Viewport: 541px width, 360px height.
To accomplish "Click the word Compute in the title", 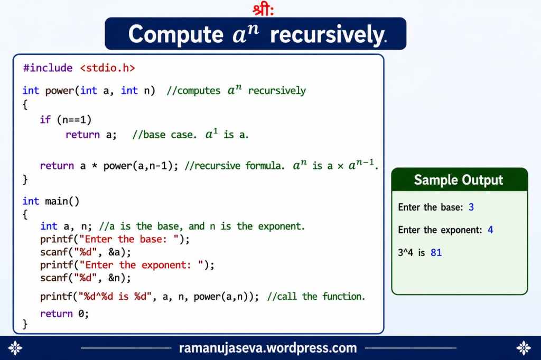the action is pyautogui.click(x=176, y=35).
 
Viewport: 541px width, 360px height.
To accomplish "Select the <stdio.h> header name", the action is pyautogui.click(x=107, y=68).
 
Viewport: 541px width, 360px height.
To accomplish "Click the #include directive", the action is pyautogui.click(x=48, y=68).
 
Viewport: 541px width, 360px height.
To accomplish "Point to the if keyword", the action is pyautogui.click(x=45, y=120).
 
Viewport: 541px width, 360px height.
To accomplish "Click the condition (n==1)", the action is pyautogui.click(x=74, y=120).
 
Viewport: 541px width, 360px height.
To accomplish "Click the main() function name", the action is pyautogui.click(x=62, y=201).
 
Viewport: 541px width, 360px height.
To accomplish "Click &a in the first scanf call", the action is pyautogui.click(x=115, y=252).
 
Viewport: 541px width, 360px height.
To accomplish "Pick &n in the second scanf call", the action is pyautogui.click(x=115, y=278).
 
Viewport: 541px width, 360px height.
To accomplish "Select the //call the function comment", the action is pyautogui.click(x=316, y=296).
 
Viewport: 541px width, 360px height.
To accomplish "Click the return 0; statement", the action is pyautogui.click(x=64, y=314).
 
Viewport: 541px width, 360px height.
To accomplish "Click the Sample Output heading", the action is pyautogui.click(x=459, y=180).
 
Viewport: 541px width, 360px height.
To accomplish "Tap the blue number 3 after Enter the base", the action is pyautogui.click(x=471, y=207).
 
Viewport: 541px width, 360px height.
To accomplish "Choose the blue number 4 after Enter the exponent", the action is pyautogui.click(x=490, y=230).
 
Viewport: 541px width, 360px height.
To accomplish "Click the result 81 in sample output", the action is pyautogui.click(x=436, y=252).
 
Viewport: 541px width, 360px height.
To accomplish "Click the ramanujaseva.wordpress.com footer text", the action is pyautogui.click(x=268, y=348).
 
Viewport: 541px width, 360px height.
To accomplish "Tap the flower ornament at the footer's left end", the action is pyautogui.click(x=15, y=348).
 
